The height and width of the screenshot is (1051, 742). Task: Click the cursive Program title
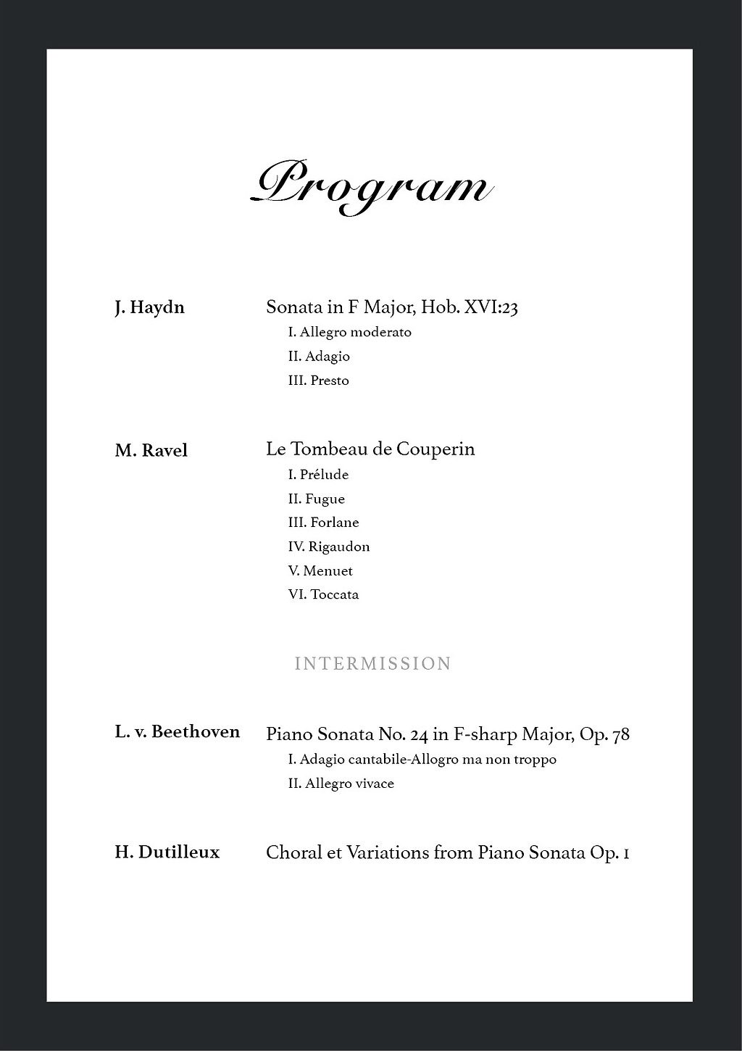[372, 186]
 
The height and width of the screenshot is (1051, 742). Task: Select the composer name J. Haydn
[149, 307]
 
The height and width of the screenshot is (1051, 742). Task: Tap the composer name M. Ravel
[151, 450]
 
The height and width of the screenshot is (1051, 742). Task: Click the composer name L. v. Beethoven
[177, 731]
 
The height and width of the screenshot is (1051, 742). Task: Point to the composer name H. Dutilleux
[167, 852]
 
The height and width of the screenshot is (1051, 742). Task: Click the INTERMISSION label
[372, 663]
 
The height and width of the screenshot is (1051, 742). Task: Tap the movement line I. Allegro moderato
[349, 332]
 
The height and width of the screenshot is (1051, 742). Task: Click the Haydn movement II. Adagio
[319, 356]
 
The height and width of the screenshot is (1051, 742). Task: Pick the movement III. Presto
[318, 381]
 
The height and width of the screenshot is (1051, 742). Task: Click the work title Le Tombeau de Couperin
[370, 449]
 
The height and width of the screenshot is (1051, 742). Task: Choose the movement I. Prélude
[318, 475]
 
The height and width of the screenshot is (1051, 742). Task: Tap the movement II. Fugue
[316, 499]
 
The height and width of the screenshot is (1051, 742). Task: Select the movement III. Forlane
[323, 523]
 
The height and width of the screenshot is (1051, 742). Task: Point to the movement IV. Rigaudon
[328, 547]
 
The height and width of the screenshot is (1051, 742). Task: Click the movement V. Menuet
[320, 570]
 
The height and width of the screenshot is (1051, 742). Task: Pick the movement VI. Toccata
[323, 594]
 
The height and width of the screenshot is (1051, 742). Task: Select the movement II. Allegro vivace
[341, 784]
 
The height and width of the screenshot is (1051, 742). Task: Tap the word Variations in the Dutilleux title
[388, 852]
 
